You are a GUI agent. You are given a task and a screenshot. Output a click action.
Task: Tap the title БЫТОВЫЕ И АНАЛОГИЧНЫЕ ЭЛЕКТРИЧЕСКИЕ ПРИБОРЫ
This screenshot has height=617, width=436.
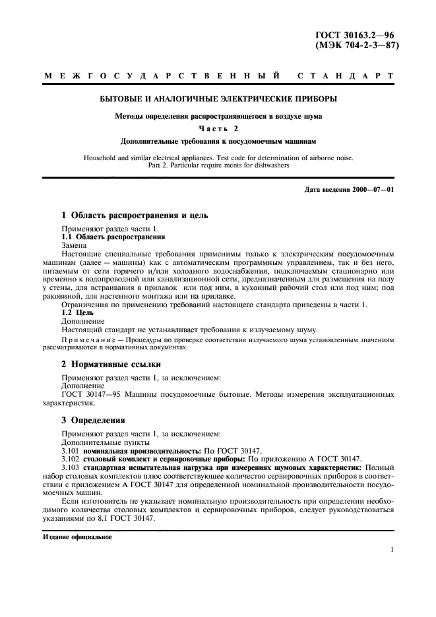(218, 100)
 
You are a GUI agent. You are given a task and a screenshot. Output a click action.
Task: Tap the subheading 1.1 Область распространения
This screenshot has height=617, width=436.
(113, 235)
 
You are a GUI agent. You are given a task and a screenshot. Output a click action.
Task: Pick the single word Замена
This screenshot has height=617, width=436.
(76, 244)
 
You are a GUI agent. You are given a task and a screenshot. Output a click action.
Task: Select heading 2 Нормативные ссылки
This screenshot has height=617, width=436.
(111, 364)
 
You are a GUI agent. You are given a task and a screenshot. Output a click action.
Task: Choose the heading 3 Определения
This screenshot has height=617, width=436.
(94, 420)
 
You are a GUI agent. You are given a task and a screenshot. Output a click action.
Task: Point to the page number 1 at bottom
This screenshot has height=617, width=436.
(392, 549)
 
